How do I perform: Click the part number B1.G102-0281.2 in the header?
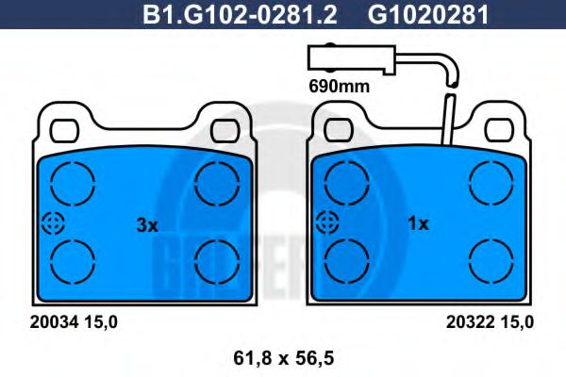[241, 14]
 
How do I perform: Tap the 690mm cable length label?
[337, 85]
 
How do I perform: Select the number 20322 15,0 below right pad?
[490, 321]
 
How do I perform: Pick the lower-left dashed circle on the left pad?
[74, 260]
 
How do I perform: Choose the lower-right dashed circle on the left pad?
[217, 260]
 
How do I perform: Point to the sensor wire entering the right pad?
[449, 121]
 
